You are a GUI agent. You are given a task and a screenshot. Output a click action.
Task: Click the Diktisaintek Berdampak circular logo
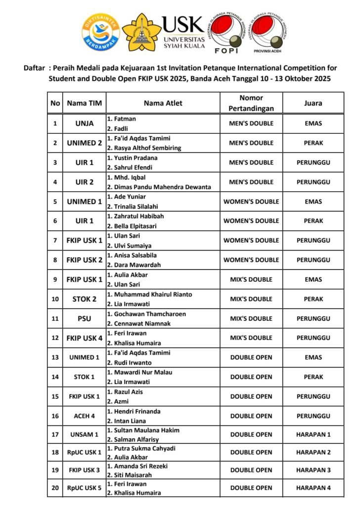coord(101,33)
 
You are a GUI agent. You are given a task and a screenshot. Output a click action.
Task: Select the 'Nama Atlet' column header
coord(163,103)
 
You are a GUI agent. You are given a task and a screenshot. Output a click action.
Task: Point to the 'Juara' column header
coord(313,103)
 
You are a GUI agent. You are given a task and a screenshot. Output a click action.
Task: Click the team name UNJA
coord(84,124)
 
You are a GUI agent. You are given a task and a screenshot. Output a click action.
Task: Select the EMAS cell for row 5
coord(313,202)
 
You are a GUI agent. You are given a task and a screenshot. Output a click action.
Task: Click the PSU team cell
coord(84,318)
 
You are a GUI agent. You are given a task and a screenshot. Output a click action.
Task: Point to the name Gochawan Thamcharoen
coord(144,314)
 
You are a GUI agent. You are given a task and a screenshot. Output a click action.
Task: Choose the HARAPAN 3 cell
coord(313,470)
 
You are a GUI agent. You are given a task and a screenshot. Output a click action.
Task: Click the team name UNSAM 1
coord(84,435)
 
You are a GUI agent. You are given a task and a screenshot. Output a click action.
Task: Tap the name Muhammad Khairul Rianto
coord(149,295)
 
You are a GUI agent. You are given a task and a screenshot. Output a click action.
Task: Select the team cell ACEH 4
coord(84,416)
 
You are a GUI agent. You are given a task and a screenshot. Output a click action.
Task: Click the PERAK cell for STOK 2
coord(313,299)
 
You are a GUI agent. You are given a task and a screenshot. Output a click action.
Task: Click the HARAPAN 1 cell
coord(313,435)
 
